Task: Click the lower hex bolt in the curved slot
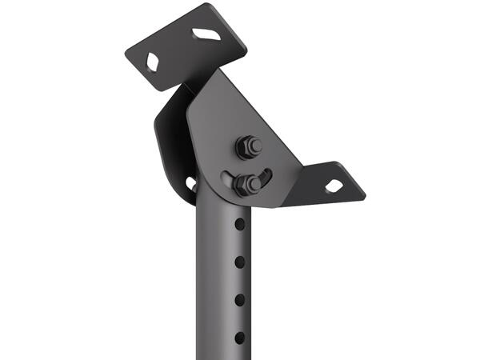247,184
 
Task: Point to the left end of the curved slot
228,178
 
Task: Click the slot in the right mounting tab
334,186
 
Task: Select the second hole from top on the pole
239,262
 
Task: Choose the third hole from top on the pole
239,299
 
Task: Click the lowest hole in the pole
239,337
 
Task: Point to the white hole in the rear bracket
191,183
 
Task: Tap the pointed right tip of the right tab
364,194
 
